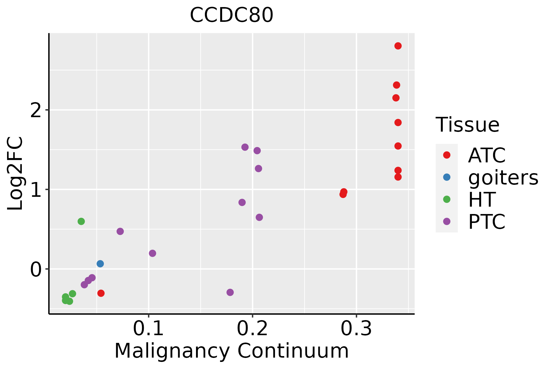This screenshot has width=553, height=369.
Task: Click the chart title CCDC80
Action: click(x=231, y=15)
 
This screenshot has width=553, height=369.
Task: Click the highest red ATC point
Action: click(x=398, y=46)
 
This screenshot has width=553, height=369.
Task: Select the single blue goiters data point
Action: click(x=100, y=264)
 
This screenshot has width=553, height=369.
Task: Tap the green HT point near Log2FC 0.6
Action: click(x=81, y=221)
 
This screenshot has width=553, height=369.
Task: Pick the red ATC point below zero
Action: click(x=101, y=293)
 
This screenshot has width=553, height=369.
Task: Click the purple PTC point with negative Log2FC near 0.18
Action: click(x=230, y=292)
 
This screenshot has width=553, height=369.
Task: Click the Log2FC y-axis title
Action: click(x=15, y=174)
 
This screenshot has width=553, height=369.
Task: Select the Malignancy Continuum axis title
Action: click(x=231, y=351)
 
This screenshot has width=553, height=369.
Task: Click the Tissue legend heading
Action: click(x=467, y=125)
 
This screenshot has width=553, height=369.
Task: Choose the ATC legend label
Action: click(x=487, y=155)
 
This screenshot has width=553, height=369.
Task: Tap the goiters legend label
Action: click(x=503, y=177)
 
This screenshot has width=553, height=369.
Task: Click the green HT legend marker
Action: click(x=447, y=199)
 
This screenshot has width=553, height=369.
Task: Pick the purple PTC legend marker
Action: click(x=447, y=221)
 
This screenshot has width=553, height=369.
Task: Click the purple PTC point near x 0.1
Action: click(x=152, y=253)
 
